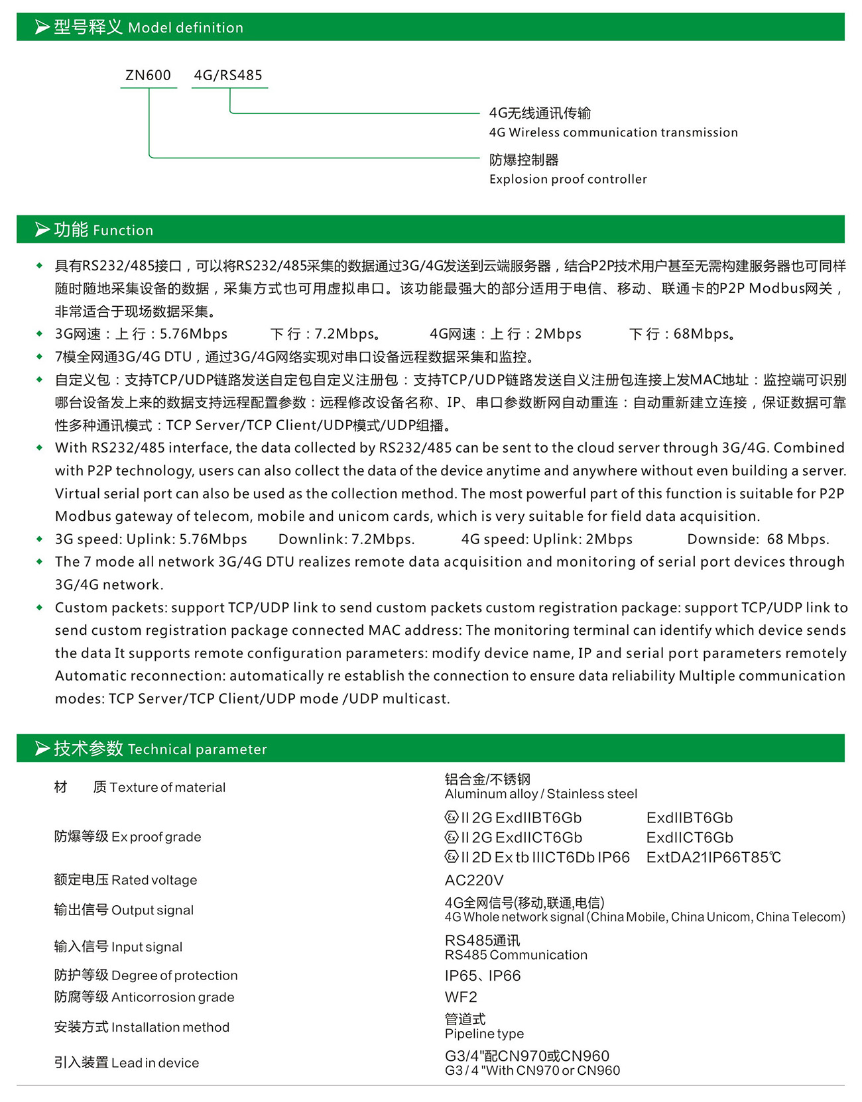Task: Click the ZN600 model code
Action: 149,76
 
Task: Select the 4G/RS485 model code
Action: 228,76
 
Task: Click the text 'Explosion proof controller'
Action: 568,179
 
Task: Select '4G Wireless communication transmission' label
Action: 613,133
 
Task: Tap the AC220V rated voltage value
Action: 474,880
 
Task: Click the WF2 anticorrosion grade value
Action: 461,997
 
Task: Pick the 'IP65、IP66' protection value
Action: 483,975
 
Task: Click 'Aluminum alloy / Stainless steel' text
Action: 540,794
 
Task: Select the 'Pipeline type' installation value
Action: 484,1034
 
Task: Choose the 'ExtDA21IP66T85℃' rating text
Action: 713,857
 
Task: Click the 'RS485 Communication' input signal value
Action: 516,955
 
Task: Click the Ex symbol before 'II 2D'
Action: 452,857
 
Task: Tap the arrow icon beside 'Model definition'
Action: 42,27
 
